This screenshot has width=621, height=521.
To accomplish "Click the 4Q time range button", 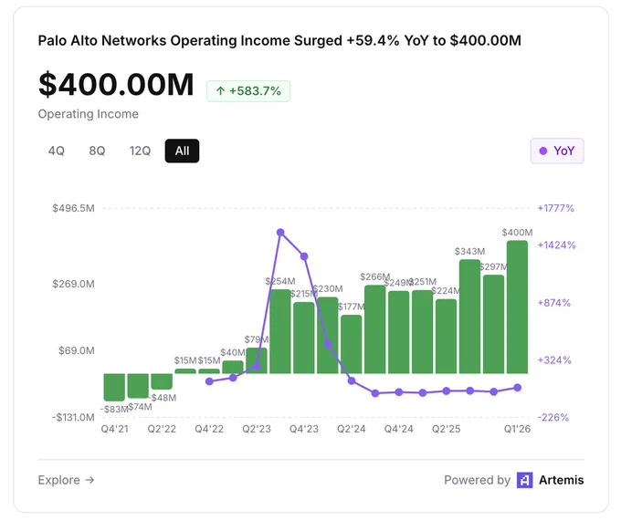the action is tap(57, 151).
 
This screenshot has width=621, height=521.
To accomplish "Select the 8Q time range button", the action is tap(97, 151).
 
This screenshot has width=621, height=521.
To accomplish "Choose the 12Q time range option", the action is tap(140, 151).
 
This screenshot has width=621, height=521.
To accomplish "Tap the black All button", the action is tap(182, 151).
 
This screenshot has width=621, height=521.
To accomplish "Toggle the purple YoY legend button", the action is tap(557, 151).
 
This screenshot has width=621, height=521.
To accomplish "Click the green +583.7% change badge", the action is tap(248, 91).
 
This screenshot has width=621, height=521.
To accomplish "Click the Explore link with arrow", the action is tap(66, 480).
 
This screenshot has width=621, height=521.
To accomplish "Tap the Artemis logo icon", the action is tap(525, 480).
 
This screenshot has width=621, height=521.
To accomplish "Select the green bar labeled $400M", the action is tap(517, 307).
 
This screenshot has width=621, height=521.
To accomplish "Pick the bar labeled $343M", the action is tap(469, 317).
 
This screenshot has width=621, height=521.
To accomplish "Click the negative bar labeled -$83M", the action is tap(114, 387).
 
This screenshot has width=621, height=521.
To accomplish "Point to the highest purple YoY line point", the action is tap(280, 233).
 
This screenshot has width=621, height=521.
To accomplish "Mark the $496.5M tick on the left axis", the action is tap(74, 208).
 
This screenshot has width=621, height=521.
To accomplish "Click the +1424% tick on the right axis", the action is tap(556, 245).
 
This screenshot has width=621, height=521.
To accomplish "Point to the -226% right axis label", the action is tap(553, 417).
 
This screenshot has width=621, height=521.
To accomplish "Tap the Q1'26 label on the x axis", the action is tap(517, 429).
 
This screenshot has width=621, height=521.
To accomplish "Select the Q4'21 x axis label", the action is tap(114, 429).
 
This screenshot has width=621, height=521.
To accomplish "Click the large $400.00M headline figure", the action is tap(116, 84).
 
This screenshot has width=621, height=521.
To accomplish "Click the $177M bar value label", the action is tap(352, 307).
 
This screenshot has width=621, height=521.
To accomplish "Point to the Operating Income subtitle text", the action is tap(89, 114).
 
